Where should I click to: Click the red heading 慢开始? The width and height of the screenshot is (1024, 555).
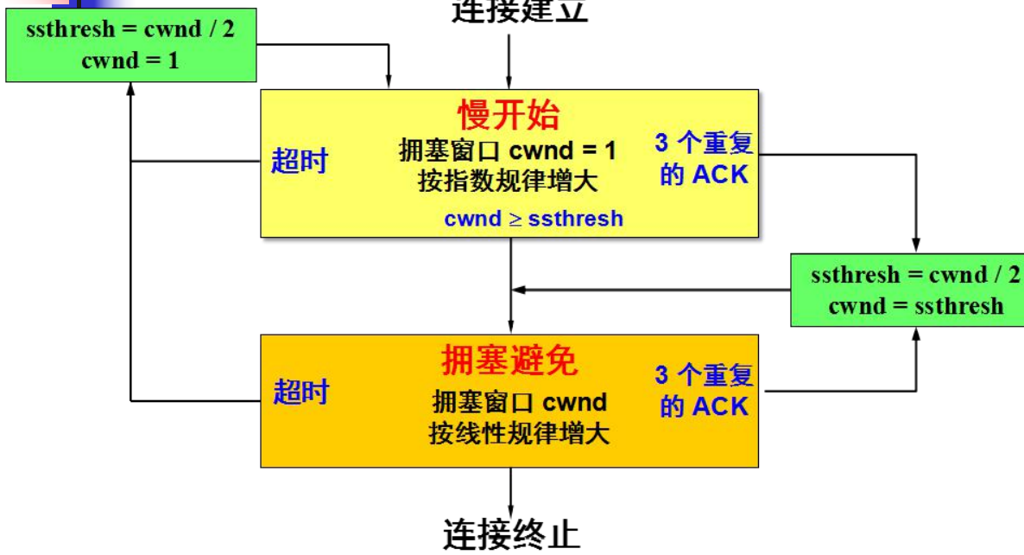pos(509,115)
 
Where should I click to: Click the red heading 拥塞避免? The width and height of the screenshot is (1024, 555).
pos(509,360)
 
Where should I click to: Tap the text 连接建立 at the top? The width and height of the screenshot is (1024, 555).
pos(519,11)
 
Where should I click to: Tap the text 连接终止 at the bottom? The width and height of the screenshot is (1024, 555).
pos(511,535)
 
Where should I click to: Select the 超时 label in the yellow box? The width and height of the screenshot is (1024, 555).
pos(300,160)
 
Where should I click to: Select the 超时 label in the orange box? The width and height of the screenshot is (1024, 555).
pos(301,392)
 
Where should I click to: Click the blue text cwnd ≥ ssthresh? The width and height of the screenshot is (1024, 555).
pos(534,219)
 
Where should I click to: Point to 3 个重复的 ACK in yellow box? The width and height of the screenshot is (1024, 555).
pos(703,159)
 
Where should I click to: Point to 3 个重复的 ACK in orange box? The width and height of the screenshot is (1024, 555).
pos(704,391)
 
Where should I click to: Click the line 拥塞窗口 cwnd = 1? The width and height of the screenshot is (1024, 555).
pos(509,150)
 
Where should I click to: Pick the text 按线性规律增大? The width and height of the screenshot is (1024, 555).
pos(519,432)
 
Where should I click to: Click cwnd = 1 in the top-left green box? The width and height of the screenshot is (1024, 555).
pos(130,61)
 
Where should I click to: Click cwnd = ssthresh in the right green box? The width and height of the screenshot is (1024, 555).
pos(915,306)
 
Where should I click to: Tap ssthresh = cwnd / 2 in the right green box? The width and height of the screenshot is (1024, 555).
pos(915,276)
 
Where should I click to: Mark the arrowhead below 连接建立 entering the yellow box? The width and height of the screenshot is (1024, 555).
pos(509,81)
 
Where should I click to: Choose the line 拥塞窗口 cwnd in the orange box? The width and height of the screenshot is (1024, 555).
pos(519,402)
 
